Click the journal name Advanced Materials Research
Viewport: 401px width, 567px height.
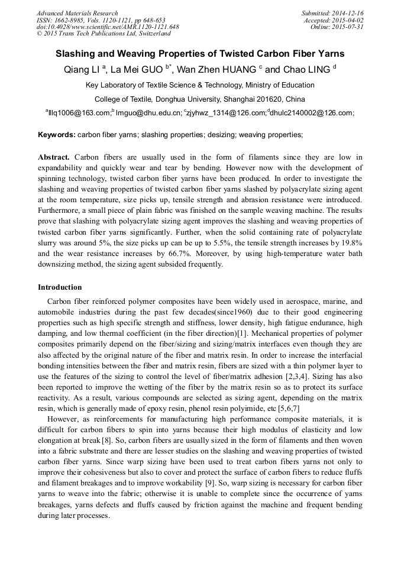pyautogui.click(x=77, y=13)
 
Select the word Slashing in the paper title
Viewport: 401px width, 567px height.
pyautogui.click(x=76, y=54)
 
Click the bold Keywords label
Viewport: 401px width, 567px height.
pyautogui.click(x=57, y=135)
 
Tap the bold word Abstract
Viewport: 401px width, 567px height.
pyautogui.click(x=54, y=157)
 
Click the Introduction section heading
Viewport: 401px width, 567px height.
pyautogui.click(x=60, y=287)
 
